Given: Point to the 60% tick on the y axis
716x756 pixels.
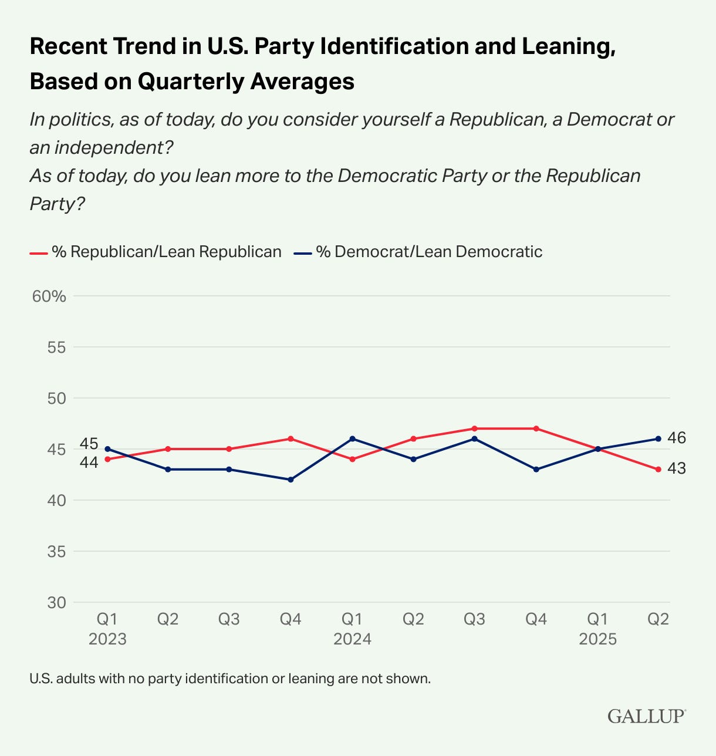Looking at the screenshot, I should tap(49, 296).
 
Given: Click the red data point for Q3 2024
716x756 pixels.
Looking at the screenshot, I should tap(474, 428).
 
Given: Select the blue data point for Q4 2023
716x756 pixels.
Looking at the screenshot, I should tap(291, 480).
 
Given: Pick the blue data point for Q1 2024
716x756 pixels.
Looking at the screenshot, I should tap(352, 438).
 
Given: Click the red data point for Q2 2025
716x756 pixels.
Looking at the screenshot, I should tap(658, 470).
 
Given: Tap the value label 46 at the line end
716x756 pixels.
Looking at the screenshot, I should tap(677, 438).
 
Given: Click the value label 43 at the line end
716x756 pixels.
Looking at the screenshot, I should tap(677, 468).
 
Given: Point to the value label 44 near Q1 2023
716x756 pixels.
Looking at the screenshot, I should tap(89, 463).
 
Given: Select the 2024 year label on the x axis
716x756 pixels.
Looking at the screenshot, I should tap(352, 639).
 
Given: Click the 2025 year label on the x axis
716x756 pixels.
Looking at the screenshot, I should tap(597, 639).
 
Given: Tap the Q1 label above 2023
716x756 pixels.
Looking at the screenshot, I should tap(107, 619).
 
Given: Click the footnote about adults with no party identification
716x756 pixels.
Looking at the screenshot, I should tap(230, 679).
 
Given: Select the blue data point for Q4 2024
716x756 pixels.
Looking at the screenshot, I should tap(536, 470).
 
